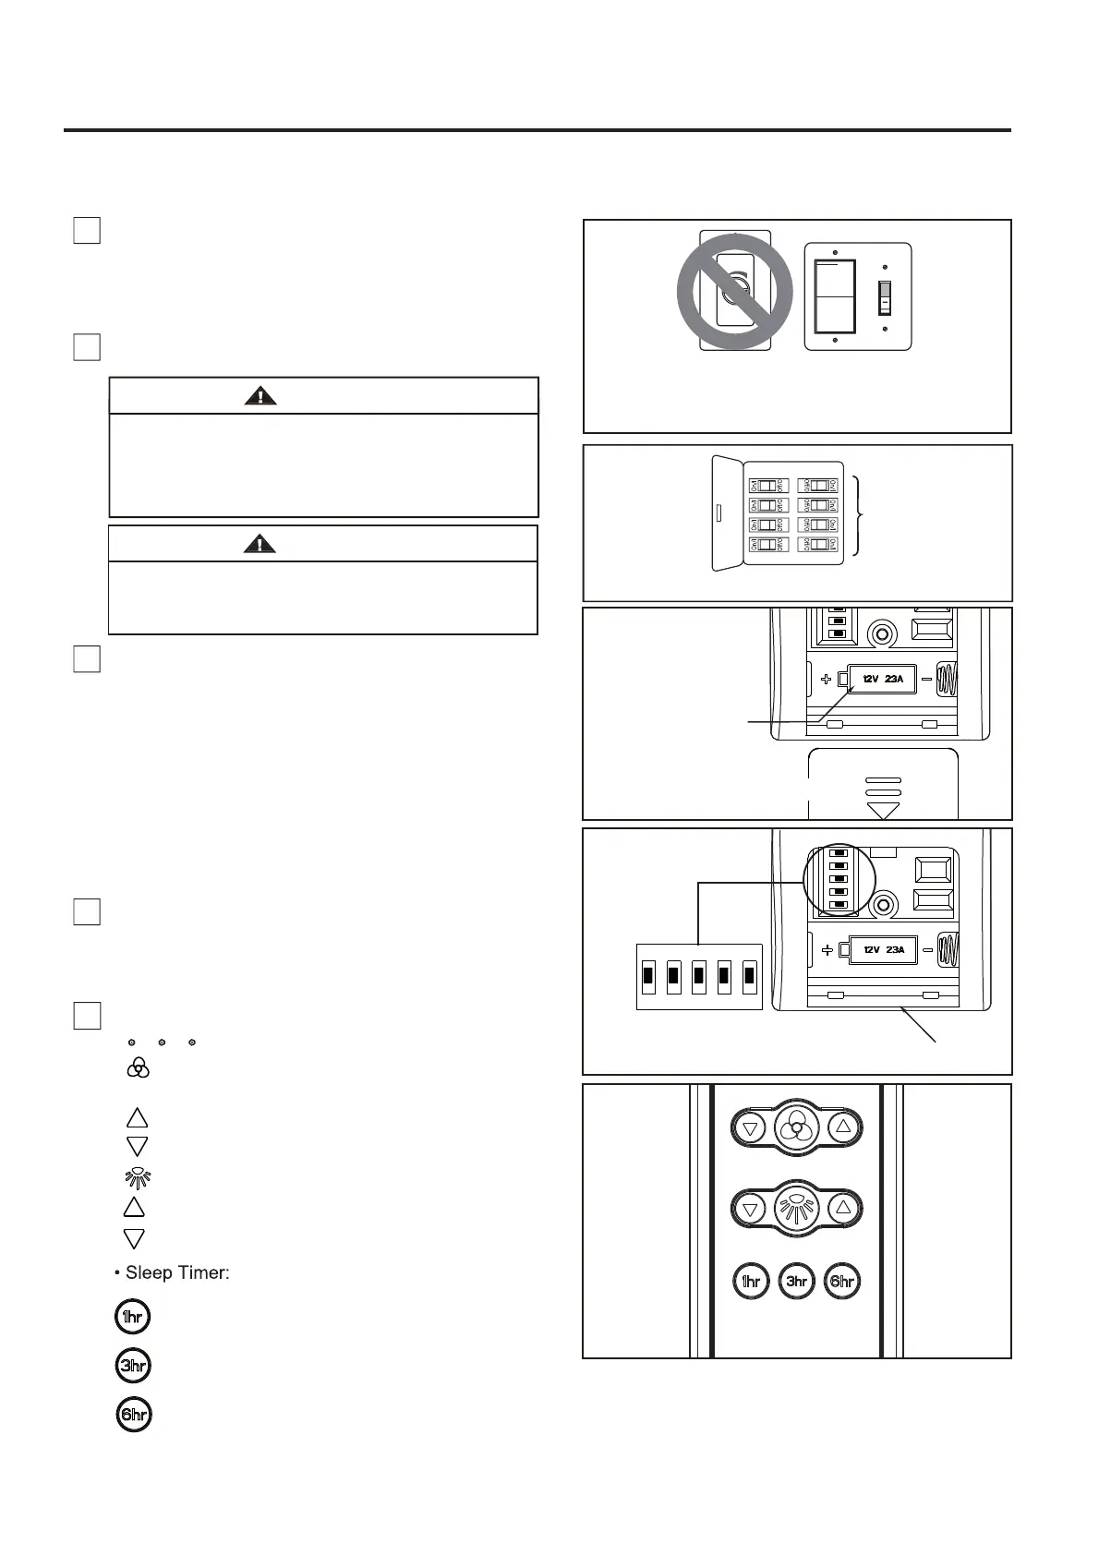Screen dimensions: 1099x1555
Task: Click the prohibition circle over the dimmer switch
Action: [x=735, y=291]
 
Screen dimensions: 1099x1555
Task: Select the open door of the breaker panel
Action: [x=728, y=512]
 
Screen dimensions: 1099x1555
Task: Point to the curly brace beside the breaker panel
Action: [x=861, y=515]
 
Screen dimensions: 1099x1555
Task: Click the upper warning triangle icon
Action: [x=260, y=396]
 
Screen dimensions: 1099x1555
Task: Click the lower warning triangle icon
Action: [x=260, y=544]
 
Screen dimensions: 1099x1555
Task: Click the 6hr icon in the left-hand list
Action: [x=134, y=1415]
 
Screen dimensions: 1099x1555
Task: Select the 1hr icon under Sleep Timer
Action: [x=133, y=1317]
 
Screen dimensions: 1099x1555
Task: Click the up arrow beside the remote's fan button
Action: [x=842, y=1127]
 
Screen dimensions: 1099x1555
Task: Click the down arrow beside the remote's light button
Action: [x=751, y=1208]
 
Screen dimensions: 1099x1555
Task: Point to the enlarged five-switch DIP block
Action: [x=699, y=976]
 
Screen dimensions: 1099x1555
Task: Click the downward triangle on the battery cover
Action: [x=884, y=810]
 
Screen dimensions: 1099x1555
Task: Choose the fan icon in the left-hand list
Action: [x=138, y=1068]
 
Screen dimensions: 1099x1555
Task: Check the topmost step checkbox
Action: [x=87, y=230]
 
